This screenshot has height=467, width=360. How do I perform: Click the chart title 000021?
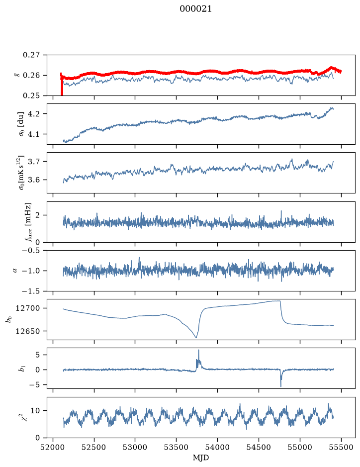195,9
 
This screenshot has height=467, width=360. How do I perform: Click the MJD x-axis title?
201,458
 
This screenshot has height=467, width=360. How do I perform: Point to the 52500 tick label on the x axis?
94,447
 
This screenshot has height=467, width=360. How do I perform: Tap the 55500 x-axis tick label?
341,447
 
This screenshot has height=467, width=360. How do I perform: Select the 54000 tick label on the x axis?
217,447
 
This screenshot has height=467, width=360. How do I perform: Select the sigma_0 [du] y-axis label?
22,124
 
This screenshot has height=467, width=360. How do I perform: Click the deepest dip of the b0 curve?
196,337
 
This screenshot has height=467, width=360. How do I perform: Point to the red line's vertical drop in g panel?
62,87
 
